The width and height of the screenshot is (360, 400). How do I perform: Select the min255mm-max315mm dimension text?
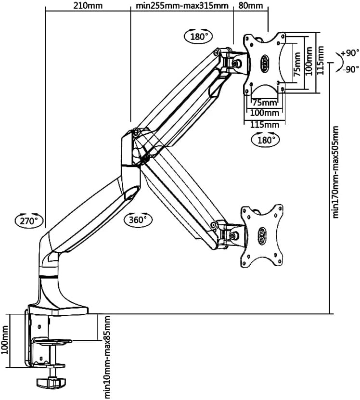pyautogui.click(x=182, y=6)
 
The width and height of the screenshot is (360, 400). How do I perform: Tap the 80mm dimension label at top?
pyautogui.click(x=251, y=6)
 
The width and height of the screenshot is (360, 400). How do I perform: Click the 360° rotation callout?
pyautogui.click(x=138, y=219)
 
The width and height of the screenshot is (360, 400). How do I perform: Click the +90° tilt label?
pyautogui.click(x=350, y=53)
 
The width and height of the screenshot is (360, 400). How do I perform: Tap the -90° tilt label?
pyautogui.click(x=350, y=68)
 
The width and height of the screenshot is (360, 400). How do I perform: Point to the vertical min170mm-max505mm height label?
pyautogui.click(x=335, y=172)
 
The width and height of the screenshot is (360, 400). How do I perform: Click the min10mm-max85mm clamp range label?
pyautogui.click(x=107, y=357)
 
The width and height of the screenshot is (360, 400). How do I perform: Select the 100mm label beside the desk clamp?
pyautogui.click(x=6, y=340)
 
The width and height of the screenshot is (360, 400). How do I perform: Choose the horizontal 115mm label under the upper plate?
pyautogui.click(x=264, y=125)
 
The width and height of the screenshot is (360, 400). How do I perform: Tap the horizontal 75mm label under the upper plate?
pyautogui.click(x=264, y=103)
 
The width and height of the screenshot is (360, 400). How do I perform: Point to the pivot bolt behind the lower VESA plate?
pyautogui.click(x=234, y=236)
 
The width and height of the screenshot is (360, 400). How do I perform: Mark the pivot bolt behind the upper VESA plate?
pyautogui.click(x=236, y=62)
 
